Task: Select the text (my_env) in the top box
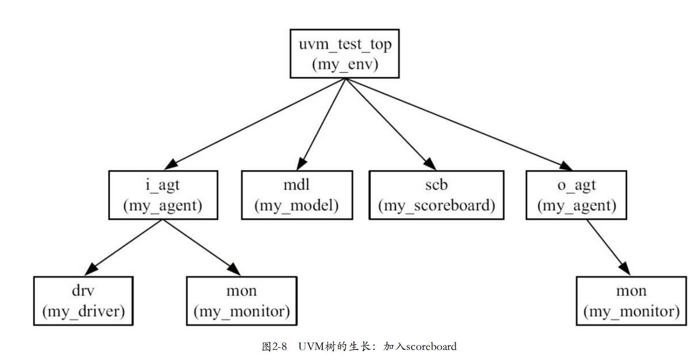345,64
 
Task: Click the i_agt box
163,195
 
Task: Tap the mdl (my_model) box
296,195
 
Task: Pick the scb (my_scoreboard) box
436,195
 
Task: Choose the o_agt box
576,195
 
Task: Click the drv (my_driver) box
83,301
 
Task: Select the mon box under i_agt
242,301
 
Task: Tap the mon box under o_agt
631,301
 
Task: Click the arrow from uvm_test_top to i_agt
256,124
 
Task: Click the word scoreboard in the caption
431,346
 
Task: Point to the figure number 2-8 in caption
280,346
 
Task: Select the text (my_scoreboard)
436,205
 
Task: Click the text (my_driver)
83,311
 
